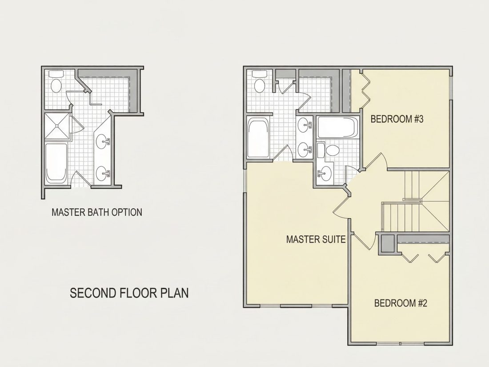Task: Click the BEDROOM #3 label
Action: tap(397, 119)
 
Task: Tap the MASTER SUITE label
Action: tap(316, 239)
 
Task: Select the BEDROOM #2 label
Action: tap(401, 303)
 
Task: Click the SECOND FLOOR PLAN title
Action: tap(129, 293)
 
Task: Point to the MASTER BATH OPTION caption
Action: tap(96, 212)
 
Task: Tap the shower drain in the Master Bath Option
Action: tap(57, 126)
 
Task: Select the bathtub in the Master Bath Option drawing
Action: tap(56, 163)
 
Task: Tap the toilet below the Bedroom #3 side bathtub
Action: tap(330, 150)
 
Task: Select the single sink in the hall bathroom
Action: tap(325, 173)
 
